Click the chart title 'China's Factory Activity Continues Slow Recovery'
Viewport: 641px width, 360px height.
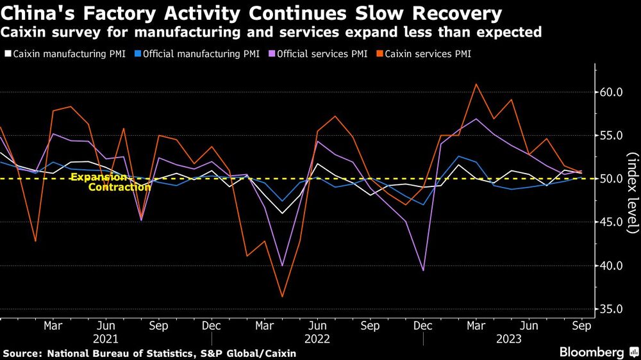click(x=251, y=13)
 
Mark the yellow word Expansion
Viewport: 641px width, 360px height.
click(x=99, y=177)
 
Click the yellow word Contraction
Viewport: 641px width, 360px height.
click(x=115, y=187)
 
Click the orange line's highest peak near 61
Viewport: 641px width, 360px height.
click(x=476, y=84)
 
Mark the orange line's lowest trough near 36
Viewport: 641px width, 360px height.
click(x=281, y=297)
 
